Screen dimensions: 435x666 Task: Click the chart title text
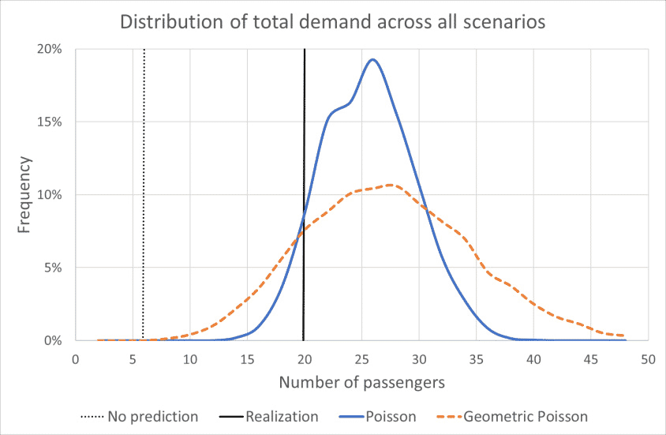pyautogui.click(x=332, y=21)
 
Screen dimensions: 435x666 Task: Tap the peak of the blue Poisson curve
pyautogui.click(x=372, y=60)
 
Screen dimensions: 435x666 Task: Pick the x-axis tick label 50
pyautogui.click(x=648, y=358)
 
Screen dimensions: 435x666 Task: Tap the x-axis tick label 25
pyautogui.click(x=361, y=358)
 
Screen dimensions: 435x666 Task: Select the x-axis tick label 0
pyautogui.click(x=76, y=358)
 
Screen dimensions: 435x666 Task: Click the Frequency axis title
pyautogui.click(x=24, y=195)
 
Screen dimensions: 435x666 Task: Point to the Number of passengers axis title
pyautogui.click(x=361, y=383)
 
